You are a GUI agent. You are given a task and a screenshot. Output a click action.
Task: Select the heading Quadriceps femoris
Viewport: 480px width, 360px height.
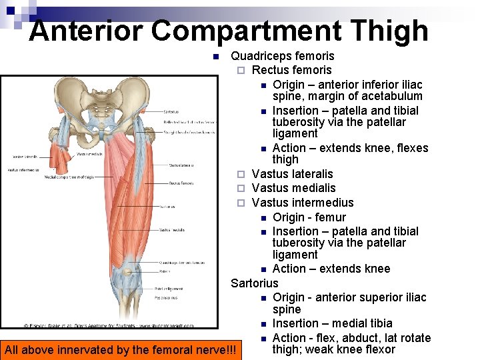(282, 56)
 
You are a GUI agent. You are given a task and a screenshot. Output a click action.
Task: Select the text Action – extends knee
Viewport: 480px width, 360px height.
(331, 269)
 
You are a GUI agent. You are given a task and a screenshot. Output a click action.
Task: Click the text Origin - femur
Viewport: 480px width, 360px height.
(309, 217)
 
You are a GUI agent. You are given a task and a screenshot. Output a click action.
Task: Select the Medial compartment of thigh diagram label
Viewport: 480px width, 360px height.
(68, 177)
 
